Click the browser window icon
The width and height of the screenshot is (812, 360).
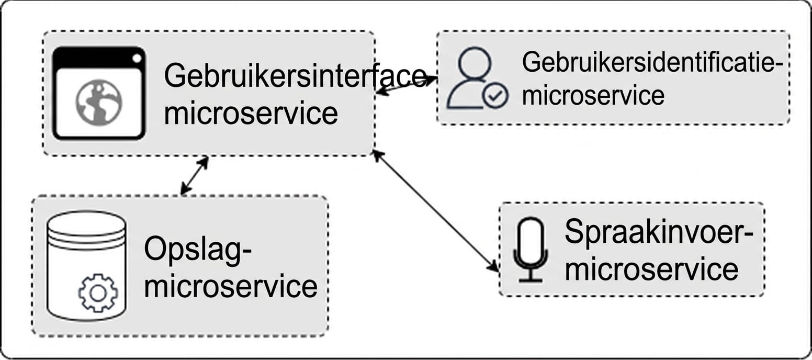pyautogui.click(x=99, y=94)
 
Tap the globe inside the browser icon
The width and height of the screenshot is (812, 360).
pyautogui.click(x=99, y=102)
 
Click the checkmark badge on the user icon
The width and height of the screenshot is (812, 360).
pyautogui.click(x=495, y=96)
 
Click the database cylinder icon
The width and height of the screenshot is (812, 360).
pyautogui.click(x=86, y=266)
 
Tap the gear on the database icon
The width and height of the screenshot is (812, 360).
pyautogui.click(x=98, y=293)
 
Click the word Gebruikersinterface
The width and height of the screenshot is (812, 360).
pyautogui.click(x=295, y=77)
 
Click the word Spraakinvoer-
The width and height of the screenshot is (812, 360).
pyautogui.click(x=658, y=232)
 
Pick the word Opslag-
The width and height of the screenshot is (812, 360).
pyautogui.click(x=198, y=250)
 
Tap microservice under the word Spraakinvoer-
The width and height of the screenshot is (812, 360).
pyautogui.click(x=652, y=269)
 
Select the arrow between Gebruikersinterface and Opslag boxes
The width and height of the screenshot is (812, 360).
pyautogui.click(x=194, y=175)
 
